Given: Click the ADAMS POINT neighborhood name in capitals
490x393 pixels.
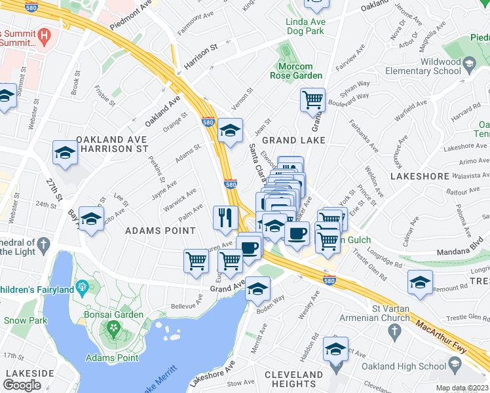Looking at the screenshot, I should pos(160,231).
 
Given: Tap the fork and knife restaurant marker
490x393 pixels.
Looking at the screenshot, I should pos(226,217).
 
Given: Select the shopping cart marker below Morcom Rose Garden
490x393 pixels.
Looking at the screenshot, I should pos(313,100).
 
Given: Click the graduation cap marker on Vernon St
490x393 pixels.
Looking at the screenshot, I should pos(230,130).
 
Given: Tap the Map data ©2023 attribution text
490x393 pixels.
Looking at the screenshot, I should pos(462,388).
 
